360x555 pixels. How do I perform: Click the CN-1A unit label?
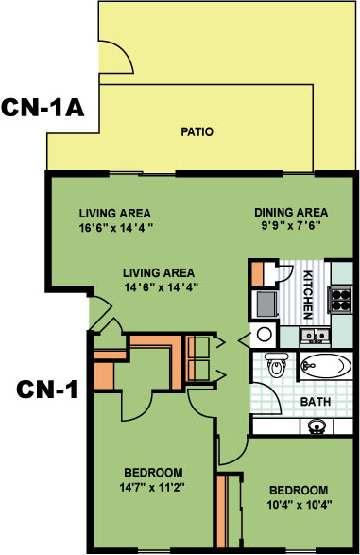(43, 107)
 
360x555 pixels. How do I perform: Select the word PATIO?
(197, 132)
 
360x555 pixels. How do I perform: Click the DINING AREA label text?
(291, 212)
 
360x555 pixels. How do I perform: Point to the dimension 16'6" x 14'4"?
(115, 228)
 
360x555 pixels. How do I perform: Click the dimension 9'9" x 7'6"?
(291, 227)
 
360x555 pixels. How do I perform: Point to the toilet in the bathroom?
(275, 364)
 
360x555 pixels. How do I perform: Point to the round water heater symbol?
(265, 334)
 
